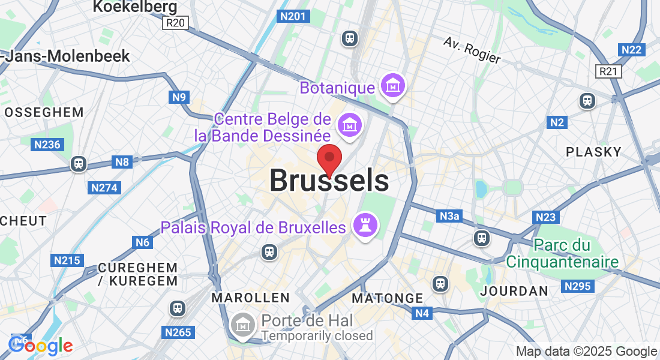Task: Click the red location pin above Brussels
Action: point(329,158)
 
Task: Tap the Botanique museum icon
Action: point(393,87)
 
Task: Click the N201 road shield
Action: point(293,16)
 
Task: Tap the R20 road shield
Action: point(175,23)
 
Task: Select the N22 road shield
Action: point(632,50)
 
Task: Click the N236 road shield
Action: point(47,145)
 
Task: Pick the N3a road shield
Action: point(449,216)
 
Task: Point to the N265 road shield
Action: point(178,332)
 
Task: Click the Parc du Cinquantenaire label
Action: point(562,254)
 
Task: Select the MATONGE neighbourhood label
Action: point(388,298)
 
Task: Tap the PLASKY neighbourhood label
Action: point(593,152)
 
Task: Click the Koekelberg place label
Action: point(135,7)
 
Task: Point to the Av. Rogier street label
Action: point(472,50)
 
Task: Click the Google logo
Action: point(41,345)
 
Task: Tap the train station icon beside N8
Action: point(77,163)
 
